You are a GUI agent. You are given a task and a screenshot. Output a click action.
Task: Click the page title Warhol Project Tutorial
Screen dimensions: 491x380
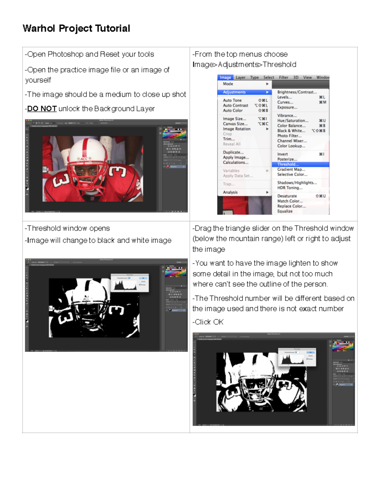76,28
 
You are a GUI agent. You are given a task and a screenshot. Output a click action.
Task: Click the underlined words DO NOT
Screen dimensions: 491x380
42,109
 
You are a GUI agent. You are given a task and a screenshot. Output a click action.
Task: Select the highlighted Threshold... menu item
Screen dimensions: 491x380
288,164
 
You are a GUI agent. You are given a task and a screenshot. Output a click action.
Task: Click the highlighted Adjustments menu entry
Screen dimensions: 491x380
234,92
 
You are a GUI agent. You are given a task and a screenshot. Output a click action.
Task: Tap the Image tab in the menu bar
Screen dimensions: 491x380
225,77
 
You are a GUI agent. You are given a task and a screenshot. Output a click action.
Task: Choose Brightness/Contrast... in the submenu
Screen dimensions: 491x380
297,92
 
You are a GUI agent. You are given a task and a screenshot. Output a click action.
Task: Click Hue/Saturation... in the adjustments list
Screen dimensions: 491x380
293,121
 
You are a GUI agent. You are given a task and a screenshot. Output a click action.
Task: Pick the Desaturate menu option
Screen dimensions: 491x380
287,196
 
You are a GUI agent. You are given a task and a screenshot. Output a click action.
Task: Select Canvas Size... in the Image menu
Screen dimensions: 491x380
235,124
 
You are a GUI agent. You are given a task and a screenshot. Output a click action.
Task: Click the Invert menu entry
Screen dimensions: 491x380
282,154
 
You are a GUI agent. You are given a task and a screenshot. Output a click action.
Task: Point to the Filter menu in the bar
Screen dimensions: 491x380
283,77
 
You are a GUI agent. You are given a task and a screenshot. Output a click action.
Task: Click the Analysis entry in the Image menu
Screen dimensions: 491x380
230,192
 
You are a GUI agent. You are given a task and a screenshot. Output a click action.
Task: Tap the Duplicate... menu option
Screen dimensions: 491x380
233,152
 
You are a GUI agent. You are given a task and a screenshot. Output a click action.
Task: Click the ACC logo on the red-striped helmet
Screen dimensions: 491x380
84,159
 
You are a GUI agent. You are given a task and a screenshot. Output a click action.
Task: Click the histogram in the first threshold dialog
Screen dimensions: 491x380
125,285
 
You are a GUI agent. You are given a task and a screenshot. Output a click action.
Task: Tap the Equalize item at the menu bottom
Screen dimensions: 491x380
285,211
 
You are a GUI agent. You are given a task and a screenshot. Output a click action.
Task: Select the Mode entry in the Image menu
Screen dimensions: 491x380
228,84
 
